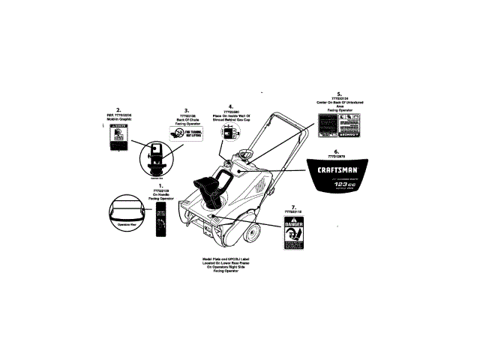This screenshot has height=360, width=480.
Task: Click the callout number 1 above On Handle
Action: pyautogui.click(x=160, y=185)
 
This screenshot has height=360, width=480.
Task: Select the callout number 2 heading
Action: pyautogui.click(x=118, y=109)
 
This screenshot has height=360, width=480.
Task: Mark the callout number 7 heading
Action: pyautogui.click(x=293, y=206)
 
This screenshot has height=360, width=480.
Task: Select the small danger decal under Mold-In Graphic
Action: pyautogui.click(x=118, y=139)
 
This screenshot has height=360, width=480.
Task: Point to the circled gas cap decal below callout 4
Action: pyautogui.click(x=229, y=133)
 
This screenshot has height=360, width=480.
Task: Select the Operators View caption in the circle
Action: pyautogui.click(x=127, y=223)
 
